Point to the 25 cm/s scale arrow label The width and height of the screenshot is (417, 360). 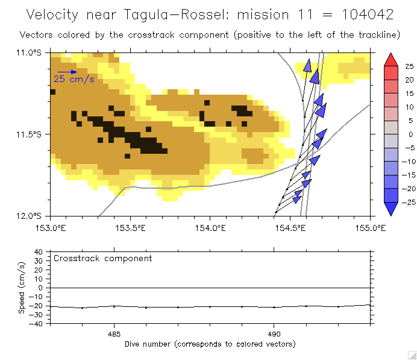pyautogui.click(x=74, y=79)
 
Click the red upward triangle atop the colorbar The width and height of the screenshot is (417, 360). pyautogui.click(x=390, y=59)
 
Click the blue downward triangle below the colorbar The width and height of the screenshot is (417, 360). pyautogui.click(x=390, y=209)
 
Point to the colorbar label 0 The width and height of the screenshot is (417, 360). pyautogui.click(x=409, y=134)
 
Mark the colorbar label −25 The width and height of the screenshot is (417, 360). pyautogui.click(x=407, y=202)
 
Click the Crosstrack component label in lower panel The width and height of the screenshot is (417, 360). pyautogui.click(x=102, y=258)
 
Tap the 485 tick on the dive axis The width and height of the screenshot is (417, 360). pyautogui.click(x=114, y=333)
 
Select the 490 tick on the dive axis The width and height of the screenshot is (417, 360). pyautogui.click(x=274, y=333)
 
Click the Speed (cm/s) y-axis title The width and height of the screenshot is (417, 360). pyautogui.click(x=22, y=287)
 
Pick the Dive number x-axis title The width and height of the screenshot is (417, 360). pyautogui.click(x=210, y=344)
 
